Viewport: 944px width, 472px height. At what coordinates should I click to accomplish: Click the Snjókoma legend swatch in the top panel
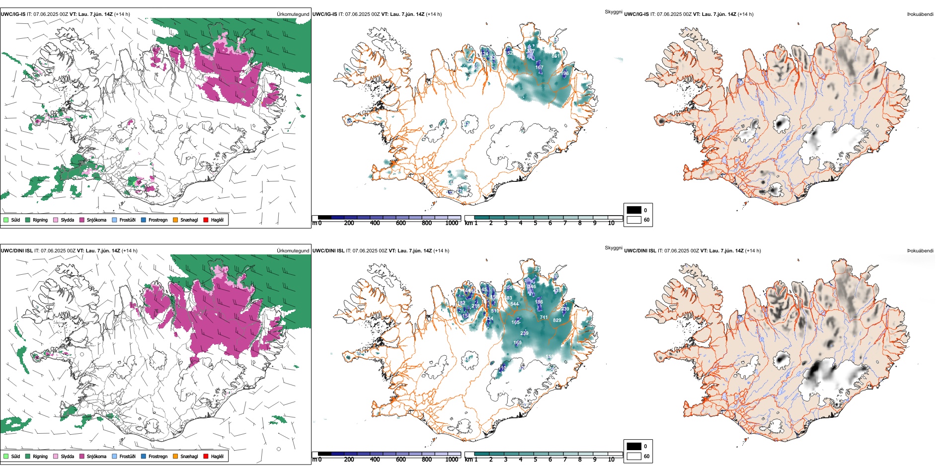point(82,220)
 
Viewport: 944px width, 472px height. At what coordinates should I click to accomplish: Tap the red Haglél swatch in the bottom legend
point(206,456)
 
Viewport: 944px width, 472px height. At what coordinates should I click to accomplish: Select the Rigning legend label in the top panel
point(40,220)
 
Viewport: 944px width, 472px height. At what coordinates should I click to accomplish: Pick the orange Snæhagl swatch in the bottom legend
point(175,456)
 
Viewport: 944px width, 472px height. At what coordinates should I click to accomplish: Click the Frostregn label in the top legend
point(157,220)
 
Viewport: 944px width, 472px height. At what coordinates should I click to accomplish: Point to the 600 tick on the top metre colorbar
point(401,223)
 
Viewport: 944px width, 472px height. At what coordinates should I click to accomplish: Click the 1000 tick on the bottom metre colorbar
point(452,460)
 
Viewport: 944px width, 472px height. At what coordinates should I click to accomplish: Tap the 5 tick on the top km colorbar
point(535,223)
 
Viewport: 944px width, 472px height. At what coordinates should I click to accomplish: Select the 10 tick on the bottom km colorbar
point(611,460)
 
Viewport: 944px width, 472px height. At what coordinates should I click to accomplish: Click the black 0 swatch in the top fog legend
point(634,210)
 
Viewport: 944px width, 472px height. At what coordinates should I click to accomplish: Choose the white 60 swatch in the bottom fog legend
point(634,456)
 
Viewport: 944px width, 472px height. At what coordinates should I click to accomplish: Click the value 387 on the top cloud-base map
point(531,51)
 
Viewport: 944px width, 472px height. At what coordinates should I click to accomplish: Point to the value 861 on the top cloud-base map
point(555,56)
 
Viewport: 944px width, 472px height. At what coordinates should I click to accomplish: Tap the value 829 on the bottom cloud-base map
point(557,320)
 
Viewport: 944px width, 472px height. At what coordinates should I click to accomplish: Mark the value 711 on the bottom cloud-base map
point(544,317)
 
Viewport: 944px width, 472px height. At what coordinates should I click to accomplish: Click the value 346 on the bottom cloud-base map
point(532,287)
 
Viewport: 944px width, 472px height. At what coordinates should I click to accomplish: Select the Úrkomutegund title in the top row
point(293,14)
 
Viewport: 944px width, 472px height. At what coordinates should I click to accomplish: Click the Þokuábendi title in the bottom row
point(920,251)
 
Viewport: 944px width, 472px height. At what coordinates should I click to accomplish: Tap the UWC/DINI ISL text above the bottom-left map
point(16,251)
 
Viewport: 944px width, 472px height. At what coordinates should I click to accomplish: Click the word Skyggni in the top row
point(613,11)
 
